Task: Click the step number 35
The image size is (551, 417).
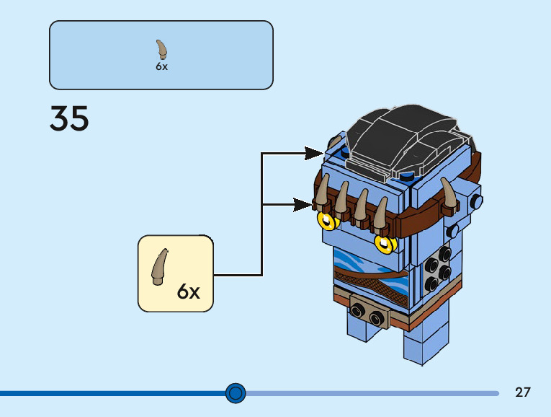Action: coord(69,119)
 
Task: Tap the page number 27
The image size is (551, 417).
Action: coord(523,392)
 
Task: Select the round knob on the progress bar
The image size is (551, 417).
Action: coord(236,393)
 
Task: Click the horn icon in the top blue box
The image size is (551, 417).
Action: coord(162,50)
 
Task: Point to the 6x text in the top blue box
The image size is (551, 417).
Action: coord(161,66)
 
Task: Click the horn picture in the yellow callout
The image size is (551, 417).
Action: coord(160,265)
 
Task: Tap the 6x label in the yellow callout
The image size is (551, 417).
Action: coord(188,291)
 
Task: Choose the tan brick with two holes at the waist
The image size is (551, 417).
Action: coord(367,312)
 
